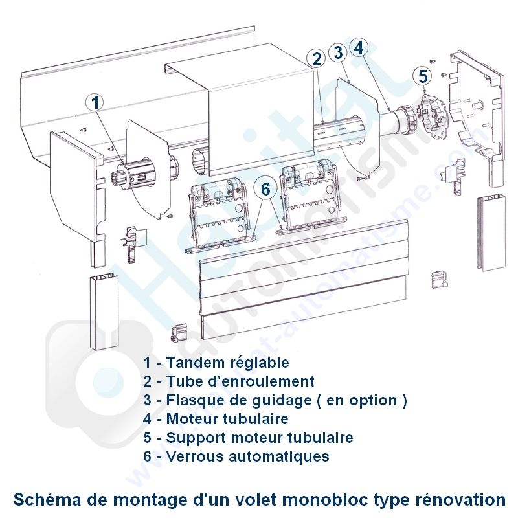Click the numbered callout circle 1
96,102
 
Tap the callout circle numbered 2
317,59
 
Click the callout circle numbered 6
265,189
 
